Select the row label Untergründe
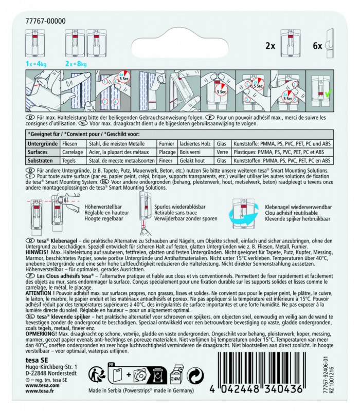click(44, 145)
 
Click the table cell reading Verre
click(222, 153)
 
